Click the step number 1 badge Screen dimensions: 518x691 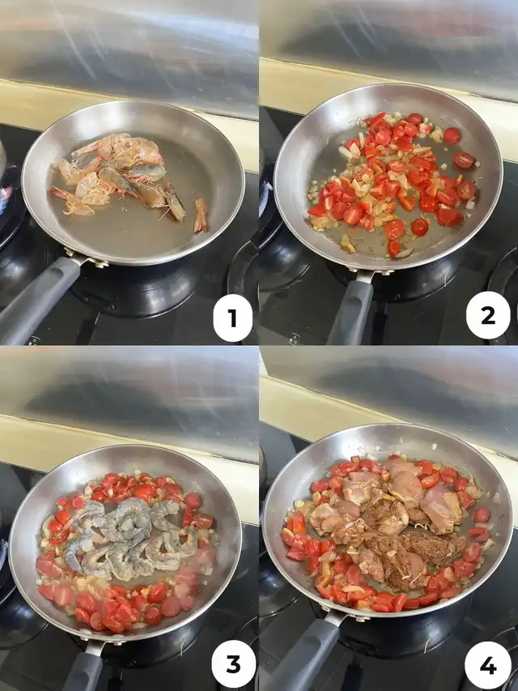232,318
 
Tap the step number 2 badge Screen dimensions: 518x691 488,316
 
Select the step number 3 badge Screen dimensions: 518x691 233,664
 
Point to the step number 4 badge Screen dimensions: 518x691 487,665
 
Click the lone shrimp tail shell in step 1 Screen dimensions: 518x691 201,215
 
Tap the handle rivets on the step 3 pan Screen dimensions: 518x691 98,639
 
